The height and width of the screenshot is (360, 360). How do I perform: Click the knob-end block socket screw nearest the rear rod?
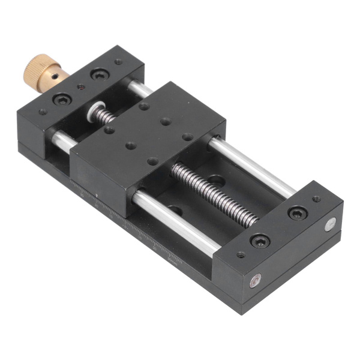point(98,75)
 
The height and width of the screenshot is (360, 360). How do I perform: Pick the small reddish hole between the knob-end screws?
point(81,88)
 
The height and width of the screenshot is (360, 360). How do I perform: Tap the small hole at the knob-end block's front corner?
point(43,112)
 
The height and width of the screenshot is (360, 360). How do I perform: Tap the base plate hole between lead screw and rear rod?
point(217,179)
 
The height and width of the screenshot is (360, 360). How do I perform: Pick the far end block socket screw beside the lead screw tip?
point(259,241)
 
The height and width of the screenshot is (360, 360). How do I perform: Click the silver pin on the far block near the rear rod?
point(329,226)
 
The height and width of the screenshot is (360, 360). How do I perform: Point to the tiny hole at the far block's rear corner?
point(316,199)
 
